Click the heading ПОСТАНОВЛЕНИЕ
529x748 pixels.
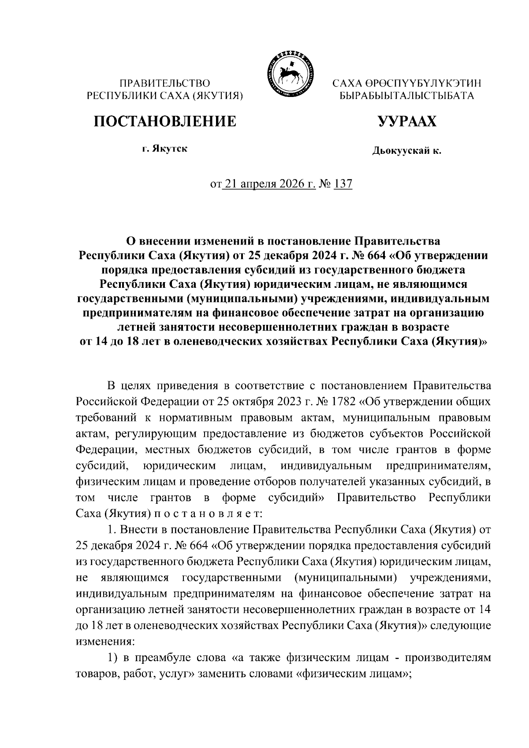tap(164, 121)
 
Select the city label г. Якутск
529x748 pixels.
tap(164, 149)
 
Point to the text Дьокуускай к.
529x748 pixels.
tap(406, 151)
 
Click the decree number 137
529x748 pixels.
tap(343, 184)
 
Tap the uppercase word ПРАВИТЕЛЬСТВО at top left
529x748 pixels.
tap(165, 83)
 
